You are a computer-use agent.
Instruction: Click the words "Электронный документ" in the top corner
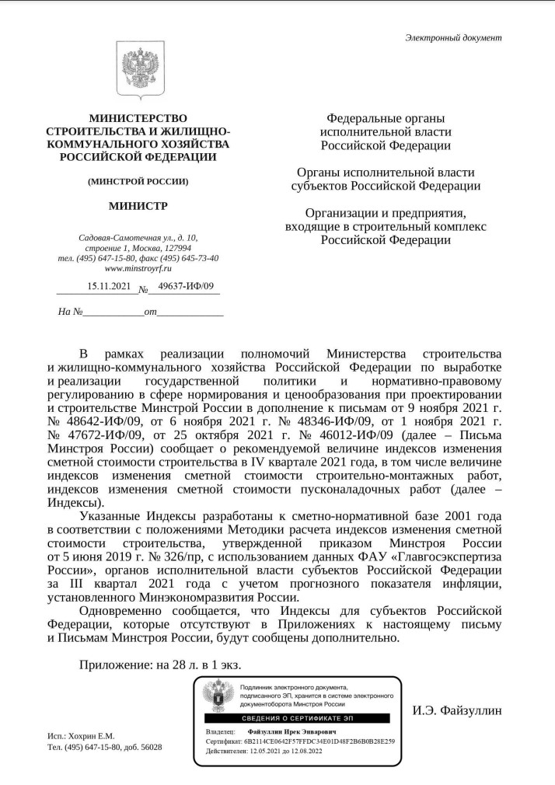[x=453, y=37]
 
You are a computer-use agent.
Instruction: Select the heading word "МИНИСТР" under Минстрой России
[x=138, y=206]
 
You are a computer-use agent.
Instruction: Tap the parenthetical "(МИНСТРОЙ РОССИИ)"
[x=138, y=181]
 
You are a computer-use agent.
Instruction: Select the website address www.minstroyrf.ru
[x=138, y=268]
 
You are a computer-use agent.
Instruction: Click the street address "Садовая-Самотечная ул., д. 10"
[x=138, y=238]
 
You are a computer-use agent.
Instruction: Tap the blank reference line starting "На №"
[x=141, y=312]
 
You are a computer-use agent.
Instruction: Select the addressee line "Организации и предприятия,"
[x=386, y=212]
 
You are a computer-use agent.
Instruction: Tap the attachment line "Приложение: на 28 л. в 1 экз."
[x=159, y=664]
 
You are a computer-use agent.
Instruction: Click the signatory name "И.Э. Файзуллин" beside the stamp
[x=456, y=710]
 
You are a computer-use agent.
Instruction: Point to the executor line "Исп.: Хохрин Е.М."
[x=81, y=735]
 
